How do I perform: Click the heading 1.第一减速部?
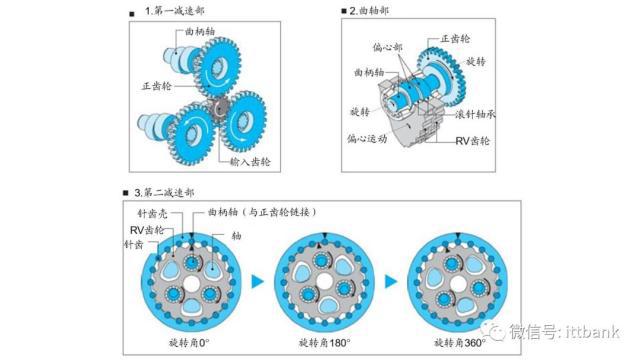(174, 11)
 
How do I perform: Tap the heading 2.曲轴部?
(369, 11)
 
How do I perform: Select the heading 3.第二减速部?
(164, 192)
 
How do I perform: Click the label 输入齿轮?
(250, 162)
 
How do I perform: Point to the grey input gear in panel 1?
(220, 109)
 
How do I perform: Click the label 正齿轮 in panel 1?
(157, 86)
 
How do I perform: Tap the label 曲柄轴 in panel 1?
(200, 31)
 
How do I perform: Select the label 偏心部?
(387, 47)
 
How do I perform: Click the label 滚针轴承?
(475, 114)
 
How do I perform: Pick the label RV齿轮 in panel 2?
(472, 141)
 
